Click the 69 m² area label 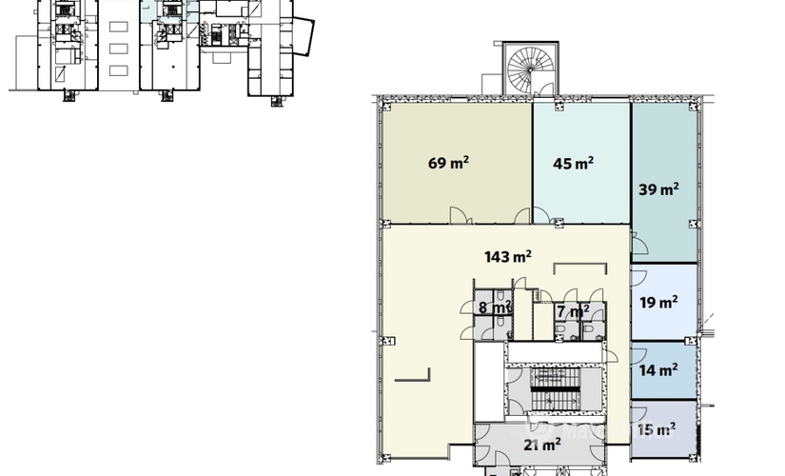[x=447, y=163]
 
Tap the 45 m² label [x=573, y=163]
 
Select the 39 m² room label [x=658, y=188]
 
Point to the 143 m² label [x=507, y=255]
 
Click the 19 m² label [x=658, y=303]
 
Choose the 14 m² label [x=658, y=369]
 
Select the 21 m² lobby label [x=541, y=444]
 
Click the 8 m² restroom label [x=495, y=307]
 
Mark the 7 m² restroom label [x=573, y=311]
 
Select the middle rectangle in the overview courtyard [x=119, y=47]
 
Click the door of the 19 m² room [x=638, y=277]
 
